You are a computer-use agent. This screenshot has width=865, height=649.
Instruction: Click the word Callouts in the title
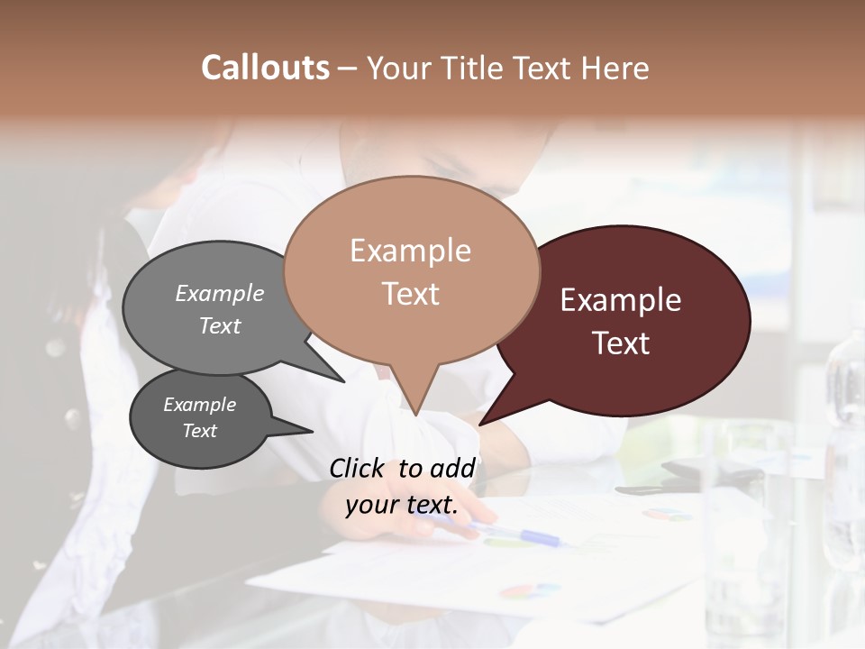(x=265, y=68)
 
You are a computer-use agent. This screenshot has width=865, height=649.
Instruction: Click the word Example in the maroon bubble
(x=621, y=300)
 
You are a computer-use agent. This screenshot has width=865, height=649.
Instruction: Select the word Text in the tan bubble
(x=411, y=294)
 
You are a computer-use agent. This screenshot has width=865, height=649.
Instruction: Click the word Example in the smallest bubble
(x=199, y=405)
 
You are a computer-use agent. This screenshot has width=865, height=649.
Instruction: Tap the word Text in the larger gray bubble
(x=220, y=325)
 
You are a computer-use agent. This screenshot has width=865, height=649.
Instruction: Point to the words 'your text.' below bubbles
(x=402, y=505)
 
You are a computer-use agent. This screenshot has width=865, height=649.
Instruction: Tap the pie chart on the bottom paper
(x=527, y=590)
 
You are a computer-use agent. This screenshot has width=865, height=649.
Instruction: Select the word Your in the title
(x=394, y=68)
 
